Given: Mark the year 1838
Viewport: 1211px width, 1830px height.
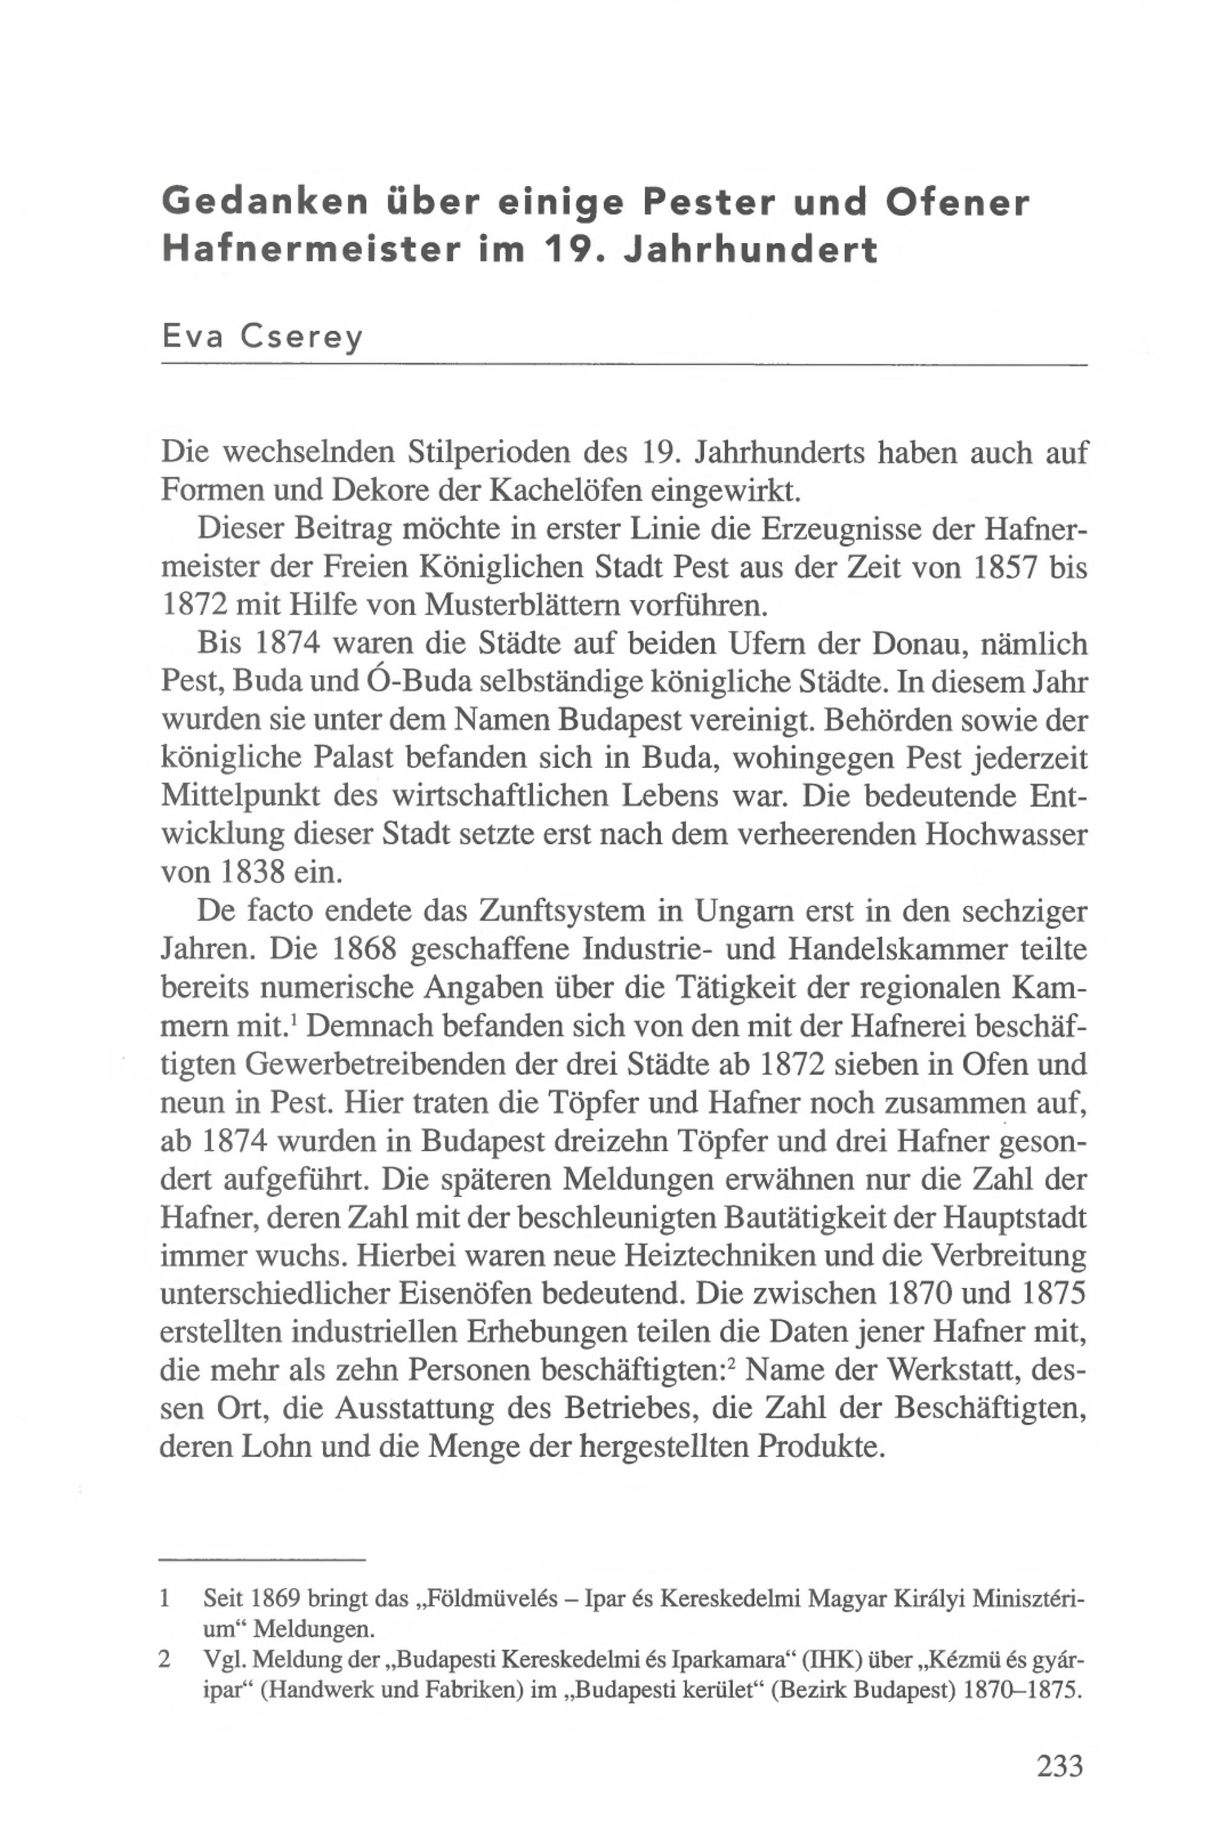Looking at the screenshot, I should click(253, 872).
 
